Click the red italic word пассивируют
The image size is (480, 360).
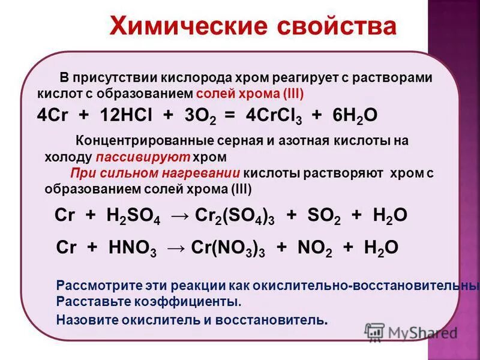[142, 157]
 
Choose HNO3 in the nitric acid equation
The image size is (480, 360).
[133, 248]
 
